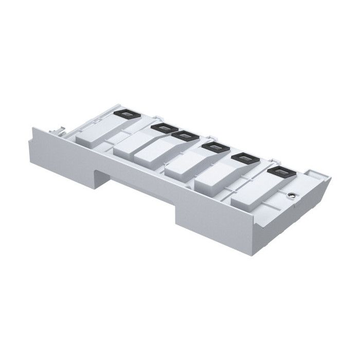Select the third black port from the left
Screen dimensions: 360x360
[x=184, y=136]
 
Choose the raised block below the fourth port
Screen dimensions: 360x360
[x=186, y=167]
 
